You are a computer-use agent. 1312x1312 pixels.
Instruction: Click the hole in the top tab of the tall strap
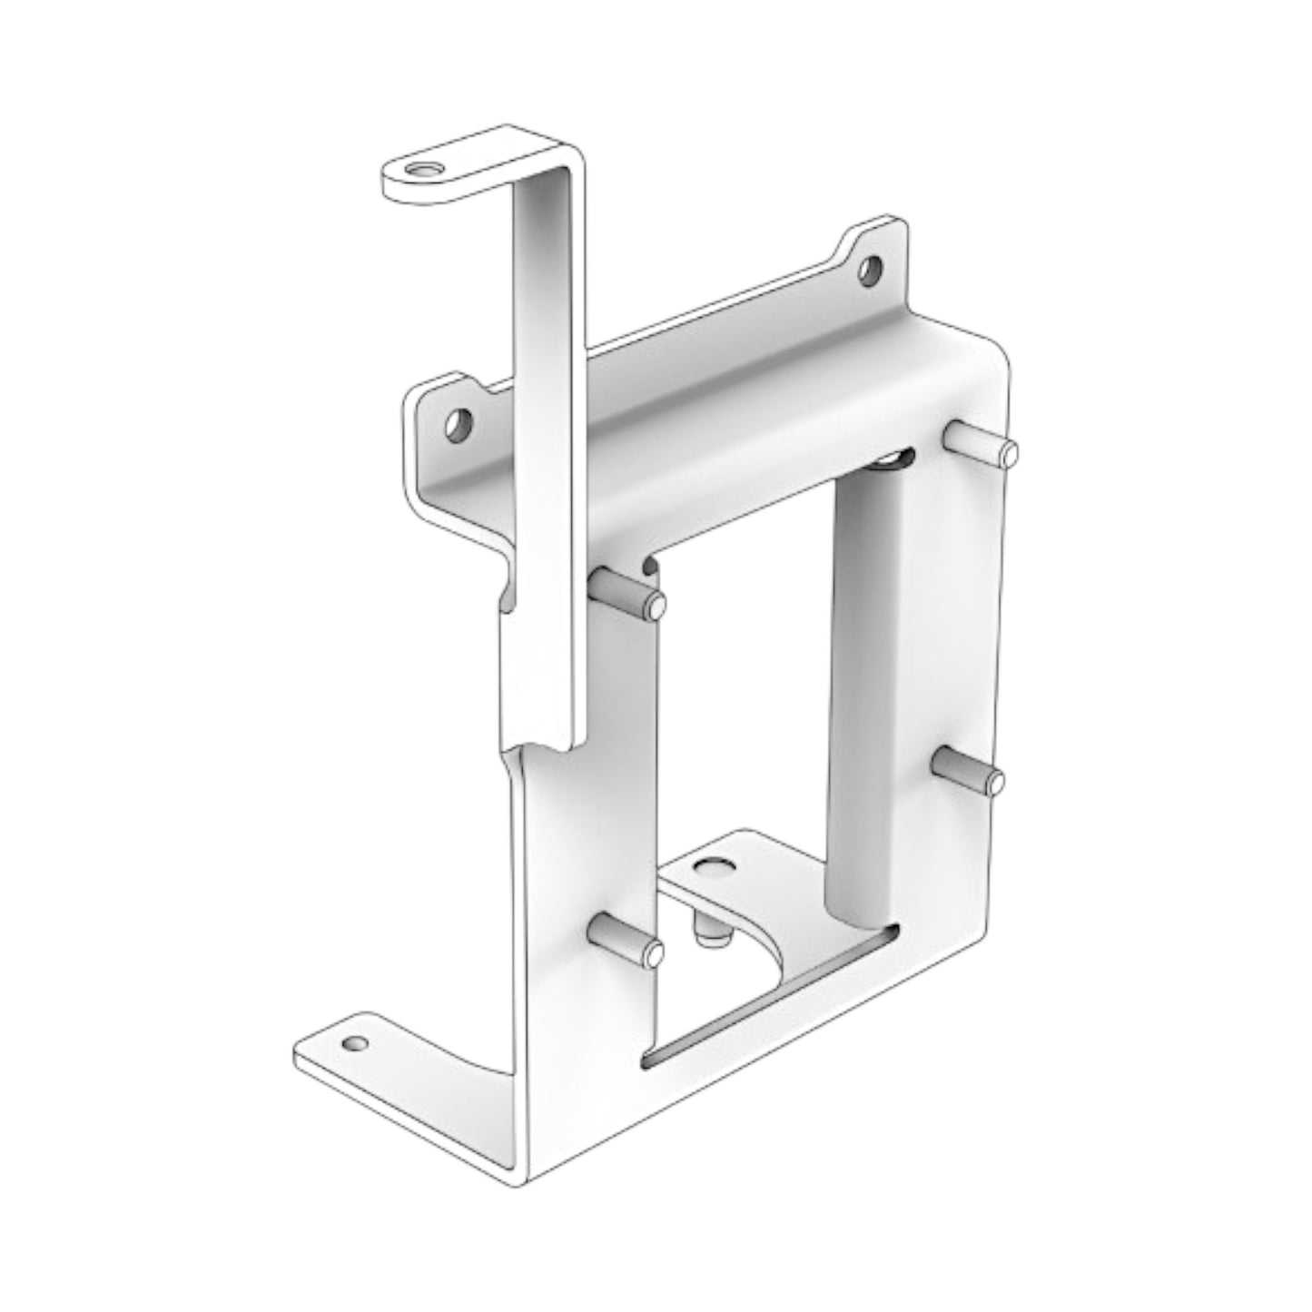coord(420,170)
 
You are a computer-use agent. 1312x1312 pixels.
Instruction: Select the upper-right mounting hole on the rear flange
coord(870,269)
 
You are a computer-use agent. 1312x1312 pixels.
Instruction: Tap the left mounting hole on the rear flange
coord(459,424)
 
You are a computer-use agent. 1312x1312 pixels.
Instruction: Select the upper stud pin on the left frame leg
coord(628,594)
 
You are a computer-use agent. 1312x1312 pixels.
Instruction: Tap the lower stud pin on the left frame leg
coord(626,940)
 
